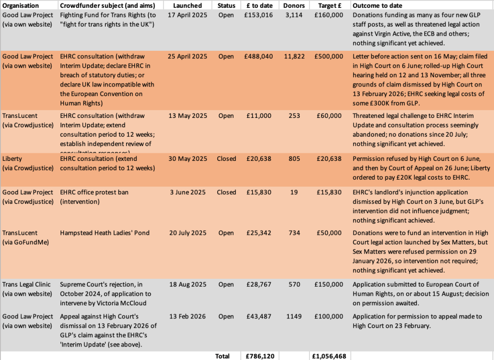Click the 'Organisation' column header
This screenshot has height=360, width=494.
(x=21, y=5)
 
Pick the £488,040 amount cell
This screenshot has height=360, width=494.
(x=259, y=57)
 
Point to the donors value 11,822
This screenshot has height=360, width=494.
(x=294, y=57)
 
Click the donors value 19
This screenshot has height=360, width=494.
(x=294, y=192)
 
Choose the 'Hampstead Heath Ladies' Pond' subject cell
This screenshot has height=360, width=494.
(x=105, y=233)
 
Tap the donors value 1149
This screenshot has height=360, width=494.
(x=294, y=317)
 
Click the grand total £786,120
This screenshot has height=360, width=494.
(x=259, y=356)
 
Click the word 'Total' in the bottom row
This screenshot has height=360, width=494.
(x=222, y=356)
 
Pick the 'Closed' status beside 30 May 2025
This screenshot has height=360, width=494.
(x=226, y=158)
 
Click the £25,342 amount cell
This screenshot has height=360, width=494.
(x=259, y=233)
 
